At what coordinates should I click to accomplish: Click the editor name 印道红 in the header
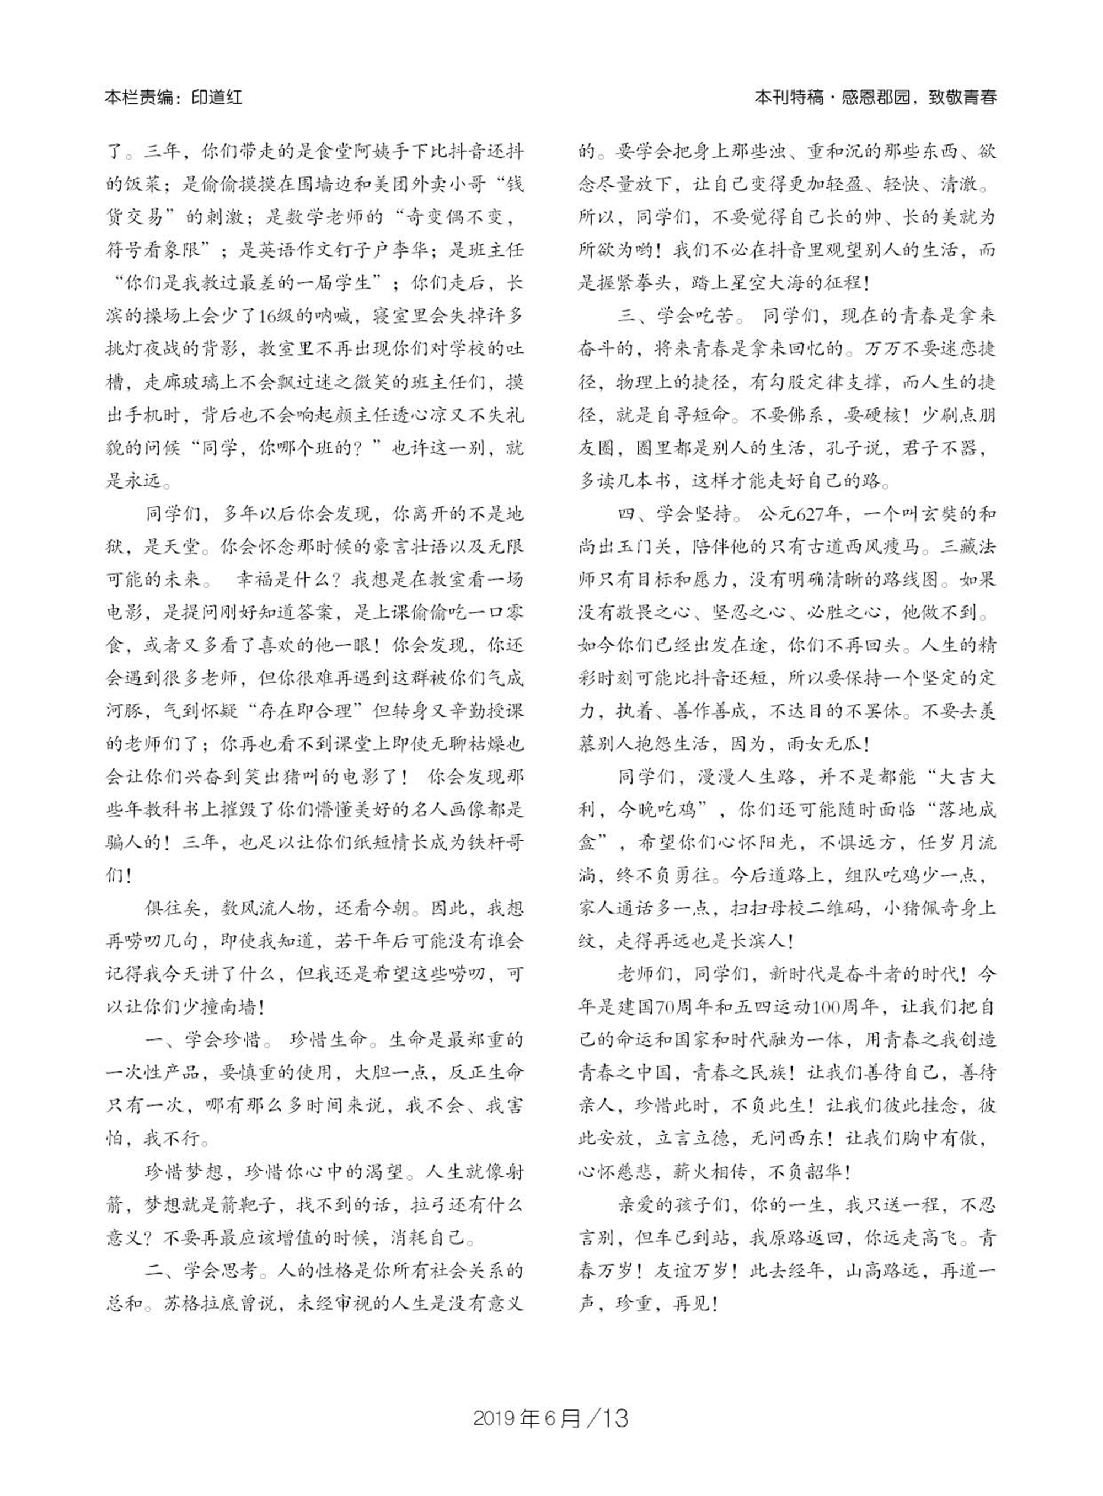point(217,98)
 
